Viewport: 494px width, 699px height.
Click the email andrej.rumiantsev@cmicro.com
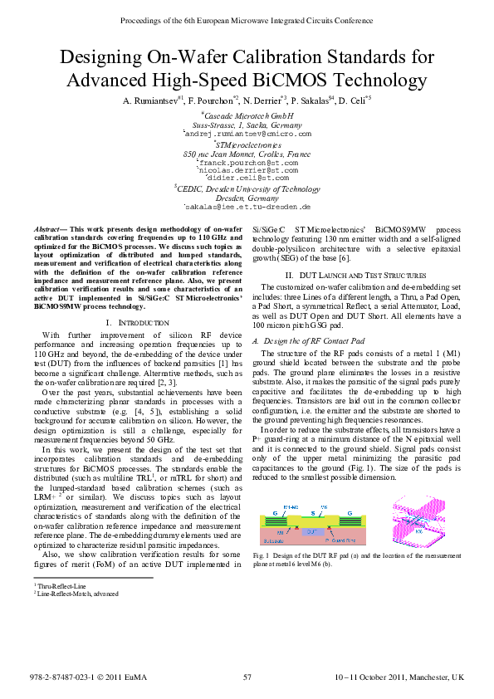coord(247,134)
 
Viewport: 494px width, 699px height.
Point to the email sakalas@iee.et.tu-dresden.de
coord(247,207)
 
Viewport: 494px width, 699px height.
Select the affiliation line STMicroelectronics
coord(247,144)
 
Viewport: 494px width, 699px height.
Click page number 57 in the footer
coord(247,678)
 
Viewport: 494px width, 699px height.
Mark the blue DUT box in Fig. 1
coord(311,552)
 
